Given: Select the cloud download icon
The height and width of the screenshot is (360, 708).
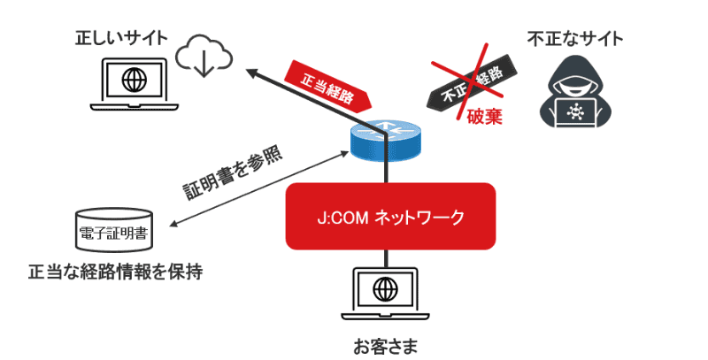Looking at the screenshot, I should (x=204, y=56).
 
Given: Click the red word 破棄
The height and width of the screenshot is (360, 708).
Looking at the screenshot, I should (x=484, y=115).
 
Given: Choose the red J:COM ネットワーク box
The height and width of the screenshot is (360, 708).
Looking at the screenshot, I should (x=389, y=217).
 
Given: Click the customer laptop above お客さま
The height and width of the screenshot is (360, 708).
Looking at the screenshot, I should (x=387, y=293).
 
